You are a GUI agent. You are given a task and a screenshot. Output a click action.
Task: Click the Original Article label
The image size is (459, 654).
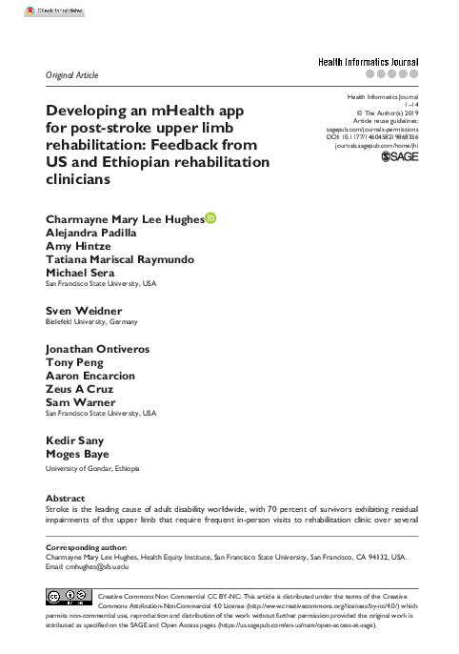tap(72, 74)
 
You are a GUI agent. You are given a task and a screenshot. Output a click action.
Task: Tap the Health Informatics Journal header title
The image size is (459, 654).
tap(368, 62)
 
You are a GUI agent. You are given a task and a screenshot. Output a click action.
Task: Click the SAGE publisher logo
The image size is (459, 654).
tap(399, 157)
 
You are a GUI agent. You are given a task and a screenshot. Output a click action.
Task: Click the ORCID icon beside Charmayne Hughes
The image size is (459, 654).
tap(210, 218)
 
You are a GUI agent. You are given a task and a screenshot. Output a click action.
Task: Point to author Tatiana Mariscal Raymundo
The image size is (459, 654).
tap(117, 259)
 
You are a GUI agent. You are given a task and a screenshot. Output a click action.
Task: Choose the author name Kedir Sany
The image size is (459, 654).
tap(76, 441)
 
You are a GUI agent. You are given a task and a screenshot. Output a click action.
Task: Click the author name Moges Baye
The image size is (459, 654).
tap(79, 455)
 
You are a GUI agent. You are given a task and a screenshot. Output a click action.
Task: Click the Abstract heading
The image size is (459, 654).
tap(66, 499)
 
